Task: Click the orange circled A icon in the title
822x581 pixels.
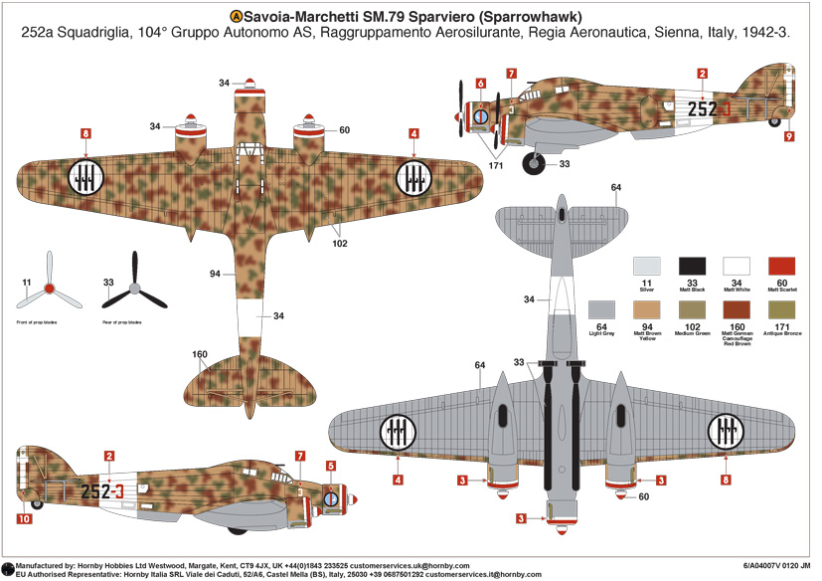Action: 236,16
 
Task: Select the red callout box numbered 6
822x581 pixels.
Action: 481,85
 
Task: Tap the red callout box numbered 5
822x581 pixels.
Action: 331,465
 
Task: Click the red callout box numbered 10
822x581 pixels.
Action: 24,518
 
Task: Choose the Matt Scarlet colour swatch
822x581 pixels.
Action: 781,268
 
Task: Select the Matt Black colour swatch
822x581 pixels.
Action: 692,268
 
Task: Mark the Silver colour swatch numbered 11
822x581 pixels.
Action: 647,268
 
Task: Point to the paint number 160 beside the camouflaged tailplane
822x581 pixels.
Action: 200,355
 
